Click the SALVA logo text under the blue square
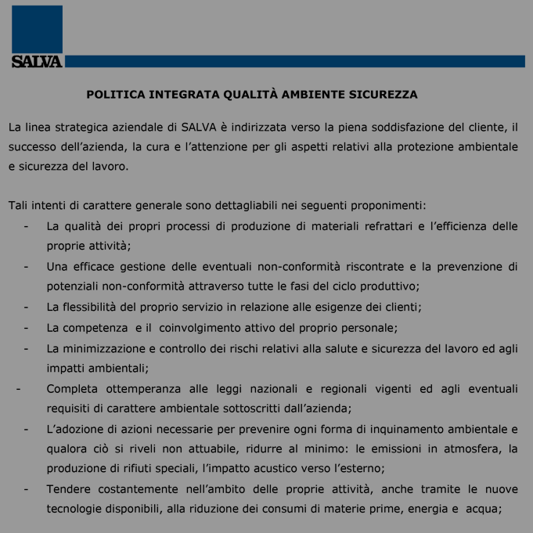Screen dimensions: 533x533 tap(37, 62)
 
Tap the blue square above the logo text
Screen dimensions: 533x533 tap(37, 29)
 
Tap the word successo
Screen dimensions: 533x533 tap(32, 146)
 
